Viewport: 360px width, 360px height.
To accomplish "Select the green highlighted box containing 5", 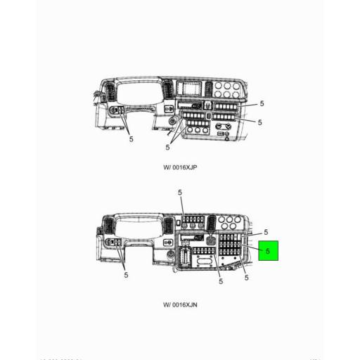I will (x=268, y=250).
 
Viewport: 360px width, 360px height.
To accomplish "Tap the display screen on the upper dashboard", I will (x=191, y=90).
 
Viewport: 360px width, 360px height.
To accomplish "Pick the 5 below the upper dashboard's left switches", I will (x=131, y=139).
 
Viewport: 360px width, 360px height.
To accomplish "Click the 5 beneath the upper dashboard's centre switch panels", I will (x=168, y=147).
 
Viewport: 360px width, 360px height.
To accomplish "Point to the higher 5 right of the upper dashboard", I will (x=261, y=103).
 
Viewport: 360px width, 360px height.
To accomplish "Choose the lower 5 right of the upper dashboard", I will (x=259, y=122).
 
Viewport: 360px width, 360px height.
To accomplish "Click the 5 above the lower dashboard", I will (x=179, y=192).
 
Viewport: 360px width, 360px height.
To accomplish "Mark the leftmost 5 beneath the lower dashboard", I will (x=126, y=275).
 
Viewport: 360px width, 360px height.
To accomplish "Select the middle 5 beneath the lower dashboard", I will (x=220, y=281).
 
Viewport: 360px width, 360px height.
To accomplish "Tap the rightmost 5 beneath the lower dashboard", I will (x=246, y=277).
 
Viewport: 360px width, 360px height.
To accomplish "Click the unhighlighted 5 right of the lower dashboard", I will (x=266, y=232).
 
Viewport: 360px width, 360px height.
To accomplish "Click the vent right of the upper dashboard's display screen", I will (x=209, y=89).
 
